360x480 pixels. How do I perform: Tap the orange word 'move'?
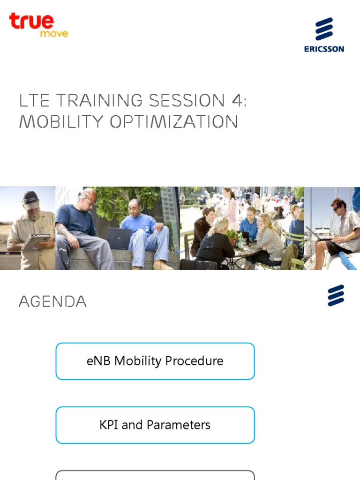[x=54, y=34]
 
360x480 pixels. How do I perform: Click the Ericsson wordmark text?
[x=324, y=49]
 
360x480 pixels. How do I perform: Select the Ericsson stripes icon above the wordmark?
[x=324, y=29]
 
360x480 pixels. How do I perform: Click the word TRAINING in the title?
[x=98, y=100]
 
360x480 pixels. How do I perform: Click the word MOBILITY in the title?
[x=61, y=122]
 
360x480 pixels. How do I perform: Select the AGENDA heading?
[x=52, y=301]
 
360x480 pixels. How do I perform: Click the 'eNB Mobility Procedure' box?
[x=155, y=361]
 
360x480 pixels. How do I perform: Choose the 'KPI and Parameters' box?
[x=155, y=425]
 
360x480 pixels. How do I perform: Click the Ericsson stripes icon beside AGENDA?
[x=336, y=295]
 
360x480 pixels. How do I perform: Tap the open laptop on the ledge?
[x=119, y=238]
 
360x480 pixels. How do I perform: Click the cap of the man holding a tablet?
[x=30, y=199]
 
